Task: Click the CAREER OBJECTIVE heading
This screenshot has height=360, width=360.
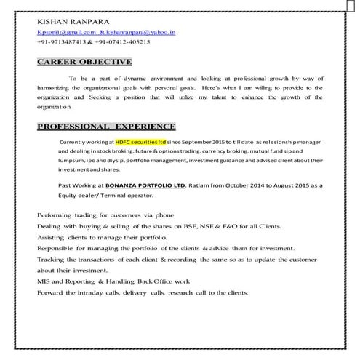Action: point(84,62)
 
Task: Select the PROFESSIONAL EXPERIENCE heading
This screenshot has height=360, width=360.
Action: point(106,126)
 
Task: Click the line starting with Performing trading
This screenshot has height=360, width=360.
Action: point(105,216)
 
